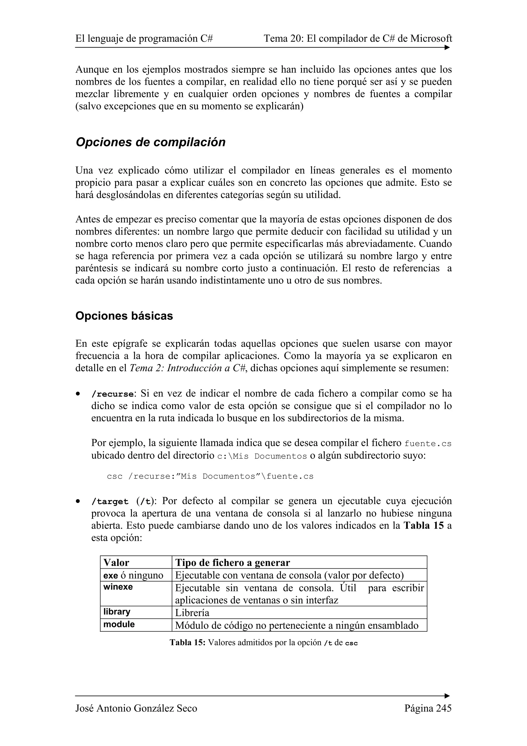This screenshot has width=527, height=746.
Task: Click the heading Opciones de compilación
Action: [x=150, y=142]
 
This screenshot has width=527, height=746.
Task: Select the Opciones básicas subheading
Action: [x=124, y=316]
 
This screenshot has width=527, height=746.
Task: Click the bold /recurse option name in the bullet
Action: [x=112, y=394]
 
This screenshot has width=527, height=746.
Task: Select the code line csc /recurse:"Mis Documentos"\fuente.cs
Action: [x=210, y=476]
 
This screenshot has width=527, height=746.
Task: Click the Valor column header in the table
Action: [x=116, y=563]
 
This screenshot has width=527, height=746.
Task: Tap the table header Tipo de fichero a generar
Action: [x=232, y=563]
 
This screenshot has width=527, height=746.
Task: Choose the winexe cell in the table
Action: [x=118, y=587]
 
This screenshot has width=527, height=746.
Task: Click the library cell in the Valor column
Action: [x=117, y=612]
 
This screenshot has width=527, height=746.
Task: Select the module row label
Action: [x=119, y=624]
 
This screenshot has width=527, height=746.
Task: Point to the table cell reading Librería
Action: [x=192, y=613]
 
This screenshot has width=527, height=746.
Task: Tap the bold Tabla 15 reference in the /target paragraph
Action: [x=423, y=526]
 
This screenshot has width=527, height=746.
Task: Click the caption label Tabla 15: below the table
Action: [x=187, y=643]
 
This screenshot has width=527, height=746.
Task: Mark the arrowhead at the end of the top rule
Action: [x=447, y=47]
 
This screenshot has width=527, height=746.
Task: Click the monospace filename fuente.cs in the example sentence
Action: [x=428, y=444]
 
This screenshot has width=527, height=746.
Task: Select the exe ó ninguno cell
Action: [x=133, y=575]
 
